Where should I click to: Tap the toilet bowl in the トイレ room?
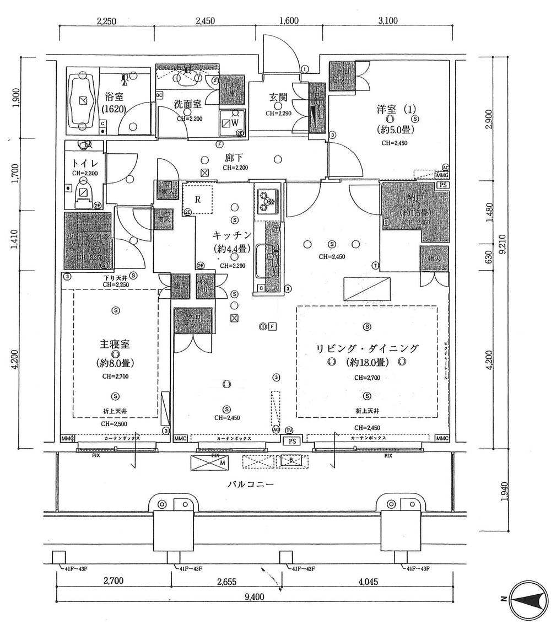tap(84, 193)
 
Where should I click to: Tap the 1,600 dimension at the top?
tap(289, 21)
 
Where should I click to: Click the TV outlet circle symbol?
tap(290, 429)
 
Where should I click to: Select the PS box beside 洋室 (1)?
tap(442, 186)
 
